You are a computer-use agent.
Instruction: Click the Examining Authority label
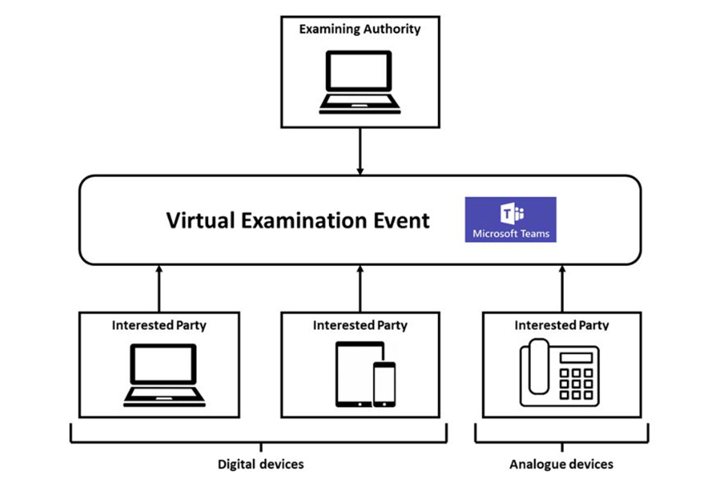pyautogui.click(x=360, y=29)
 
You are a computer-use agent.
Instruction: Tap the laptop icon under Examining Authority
pyautogui.click(x=360, y=82)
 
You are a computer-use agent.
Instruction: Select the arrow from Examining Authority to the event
pyautogui.click(x=360, y=151)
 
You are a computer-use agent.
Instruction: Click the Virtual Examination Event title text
pyautogui.click(x=297, y=220)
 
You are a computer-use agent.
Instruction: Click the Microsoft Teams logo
pyautogui.click(x=511, y=219)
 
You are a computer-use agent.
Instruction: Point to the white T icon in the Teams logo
pyautogui.click(x=507, y=213)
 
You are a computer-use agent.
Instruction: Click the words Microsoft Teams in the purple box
pyautogui.click(x=511, y=234)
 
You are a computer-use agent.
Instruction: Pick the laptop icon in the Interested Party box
pyautogui.click(x=164, y=375)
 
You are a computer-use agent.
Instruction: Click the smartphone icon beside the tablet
pyautogui.click(x=384, y=384)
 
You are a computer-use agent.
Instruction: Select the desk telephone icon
pyautogui.click(x=560, y=373)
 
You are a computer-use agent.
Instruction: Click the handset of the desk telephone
pyautogui.click(x=538, y=367)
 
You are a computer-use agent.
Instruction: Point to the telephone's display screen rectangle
pyautogui.click(x=576, y=358)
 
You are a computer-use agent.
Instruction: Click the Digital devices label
pyautogui.click(x=261, y=464)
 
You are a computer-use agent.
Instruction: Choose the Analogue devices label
pyautogui.click(x=561, y=464)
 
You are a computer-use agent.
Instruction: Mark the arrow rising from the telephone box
pyautogui.click(x=562, y=289)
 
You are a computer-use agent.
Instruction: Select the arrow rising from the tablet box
pyautogui.click(x=360, y=289)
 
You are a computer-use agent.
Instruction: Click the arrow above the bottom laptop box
pyautogui.click(x=159, y=289)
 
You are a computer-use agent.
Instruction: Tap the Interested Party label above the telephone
pyautogui.click(x=562, y=325)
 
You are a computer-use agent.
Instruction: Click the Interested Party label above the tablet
pyautogui.click(x=360, y=325)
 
